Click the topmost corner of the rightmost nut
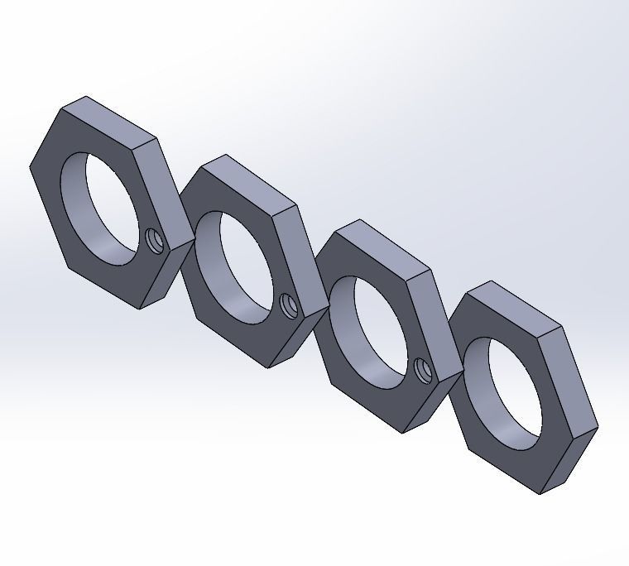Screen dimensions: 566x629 pos(492,283)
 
